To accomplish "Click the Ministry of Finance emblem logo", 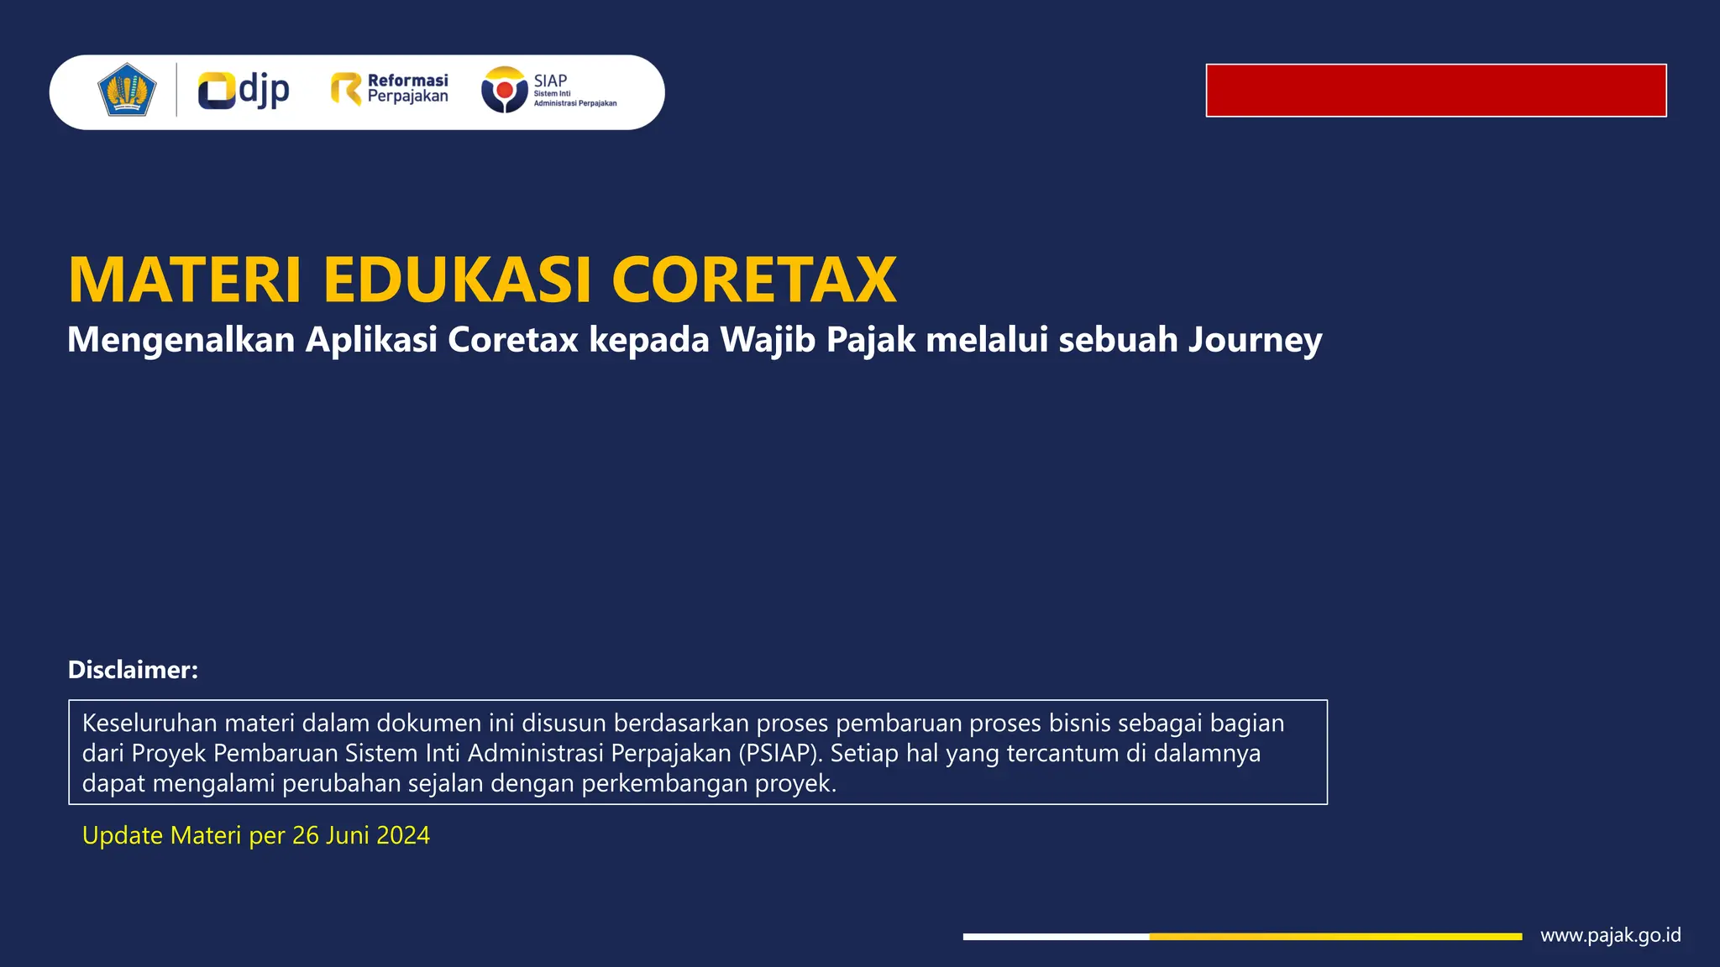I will point(127,90).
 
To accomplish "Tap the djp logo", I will point(244,91).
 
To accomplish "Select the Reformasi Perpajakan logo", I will point(390,89).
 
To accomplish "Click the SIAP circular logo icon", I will point(504,90).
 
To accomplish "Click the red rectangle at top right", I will point(1435,91).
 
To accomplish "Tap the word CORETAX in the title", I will point(753,280).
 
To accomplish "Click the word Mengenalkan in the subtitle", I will point(181,340).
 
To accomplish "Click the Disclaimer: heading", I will point(133,670).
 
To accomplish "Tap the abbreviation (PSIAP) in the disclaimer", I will point(779,753).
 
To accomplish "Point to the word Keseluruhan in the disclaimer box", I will point(149,723).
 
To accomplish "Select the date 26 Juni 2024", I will point(360,836).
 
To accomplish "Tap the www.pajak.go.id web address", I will point(1610,935).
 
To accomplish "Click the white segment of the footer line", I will point(1056,936).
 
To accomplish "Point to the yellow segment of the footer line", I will point(1335,936).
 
